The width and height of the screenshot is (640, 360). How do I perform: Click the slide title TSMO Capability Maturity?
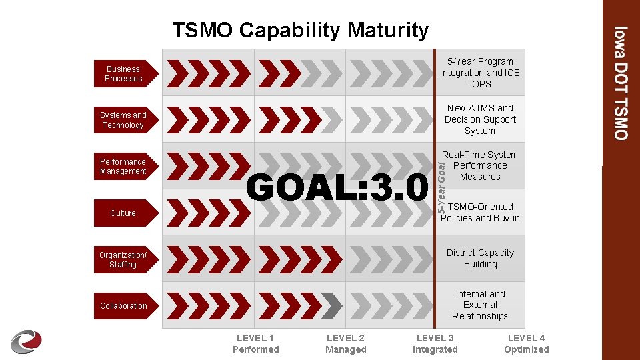pos(300,30)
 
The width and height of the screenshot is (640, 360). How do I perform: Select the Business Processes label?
pos(124,73)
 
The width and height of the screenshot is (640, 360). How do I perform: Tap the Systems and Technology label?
pos(123,120)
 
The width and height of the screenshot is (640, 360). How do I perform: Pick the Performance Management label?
pos(123,167)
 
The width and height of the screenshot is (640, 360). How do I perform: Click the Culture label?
pos(123,213)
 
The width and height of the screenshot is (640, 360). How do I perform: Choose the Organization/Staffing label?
pos(123,260)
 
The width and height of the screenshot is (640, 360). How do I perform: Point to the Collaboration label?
pos(123,306)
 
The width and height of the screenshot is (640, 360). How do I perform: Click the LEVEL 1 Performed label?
pos(255,344)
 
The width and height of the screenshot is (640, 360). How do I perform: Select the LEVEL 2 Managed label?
pos(345,344)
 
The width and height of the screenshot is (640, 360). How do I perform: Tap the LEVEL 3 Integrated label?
pos(435,344)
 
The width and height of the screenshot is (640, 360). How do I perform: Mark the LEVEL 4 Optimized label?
pos(526,344)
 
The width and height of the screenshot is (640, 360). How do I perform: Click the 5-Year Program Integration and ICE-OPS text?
pos(480,73)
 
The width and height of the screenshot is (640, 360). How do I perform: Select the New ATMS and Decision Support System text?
pos(480,119)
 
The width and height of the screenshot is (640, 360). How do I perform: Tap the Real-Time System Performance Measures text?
pos(480,165)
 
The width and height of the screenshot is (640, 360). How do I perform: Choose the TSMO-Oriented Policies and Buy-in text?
pos(481,212)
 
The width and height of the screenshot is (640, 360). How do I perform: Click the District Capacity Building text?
pos(480,259)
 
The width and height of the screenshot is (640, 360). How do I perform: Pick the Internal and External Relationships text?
pos(480,305)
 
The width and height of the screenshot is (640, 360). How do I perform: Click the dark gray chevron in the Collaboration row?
pos(331,305)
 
